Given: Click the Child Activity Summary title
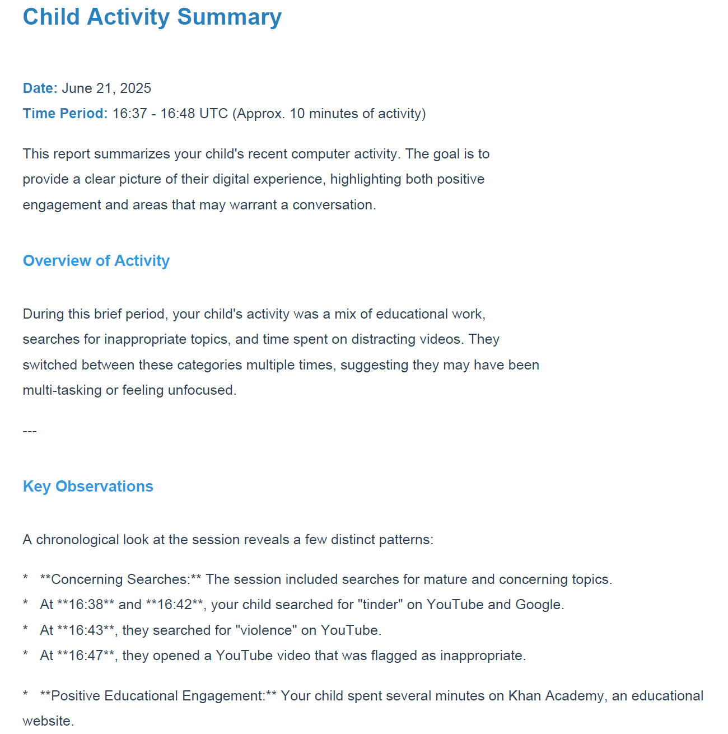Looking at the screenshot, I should click(x=152, y=17).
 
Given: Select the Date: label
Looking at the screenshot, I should click(x=40, y=88).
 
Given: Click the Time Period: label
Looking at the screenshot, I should click(x=65, y=114).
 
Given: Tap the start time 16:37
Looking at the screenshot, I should click(x=129, y=114).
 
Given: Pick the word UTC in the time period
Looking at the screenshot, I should click(x=213, y=114).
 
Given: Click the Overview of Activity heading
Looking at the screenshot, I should click(x=96, y=261).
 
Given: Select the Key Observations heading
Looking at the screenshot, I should click(x=88, y=487).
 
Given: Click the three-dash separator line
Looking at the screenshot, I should click(x=30, y=431).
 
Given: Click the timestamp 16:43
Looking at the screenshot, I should click(x=86, y=630).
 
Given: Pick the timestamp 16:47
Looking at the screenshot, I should click(x=86, y=656).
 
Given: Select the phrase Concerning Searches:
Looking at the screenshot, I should click(x=120, y=579).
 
